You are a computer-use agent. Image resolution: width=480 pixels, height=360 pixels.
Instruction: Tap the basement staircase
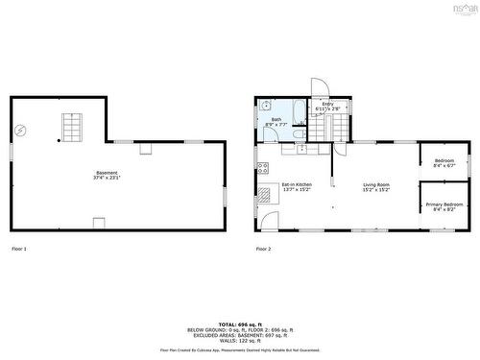(x=73, y=126)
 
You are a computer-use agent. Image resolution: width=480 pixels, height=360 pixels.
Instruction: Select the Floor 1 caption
(x=19, y=250)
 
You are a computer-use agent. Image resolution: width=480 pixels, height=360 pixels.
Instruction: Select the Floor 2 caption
(x=264, y=250)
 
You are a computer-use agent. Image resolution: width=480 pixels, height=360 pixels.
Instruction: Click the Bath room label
(x=276, y=122)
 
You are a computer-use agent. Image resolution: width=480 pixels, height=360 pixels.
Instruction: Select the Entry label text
(x=327, y=107)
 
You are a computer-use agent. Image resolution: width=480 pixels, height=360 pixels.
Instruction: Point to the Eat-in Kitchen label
(x=297, y=186)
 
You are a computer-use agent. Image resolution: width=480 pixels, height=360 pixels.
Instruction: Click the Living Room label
(x=375, y=186)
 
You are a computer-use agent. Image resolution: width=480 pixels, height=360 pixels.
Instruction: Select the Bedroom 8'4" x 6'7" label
(x=444, y=162)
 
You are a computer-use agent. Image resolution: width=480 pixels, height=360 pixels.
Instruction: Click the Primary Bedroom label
(x=444, y=205)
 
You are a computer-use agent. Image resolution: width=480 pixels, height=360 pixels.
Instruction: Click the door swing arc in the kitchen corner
(x=267, y=220)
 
